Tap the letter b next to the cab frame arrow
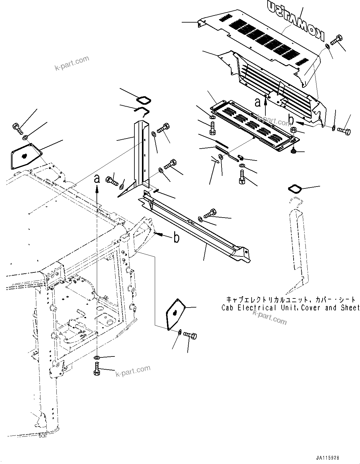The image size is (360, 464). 177,238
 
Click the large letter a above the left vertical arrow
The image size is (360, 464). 97,178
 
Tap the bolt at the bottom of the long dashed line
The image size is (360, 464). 97,369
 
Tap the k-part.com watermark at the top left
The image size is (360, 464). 72,63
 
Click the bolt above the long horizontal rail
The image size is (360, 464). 210,214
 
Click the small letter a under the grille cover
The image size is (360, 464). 258,102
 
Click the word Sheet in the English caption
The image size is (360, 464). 349,308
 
